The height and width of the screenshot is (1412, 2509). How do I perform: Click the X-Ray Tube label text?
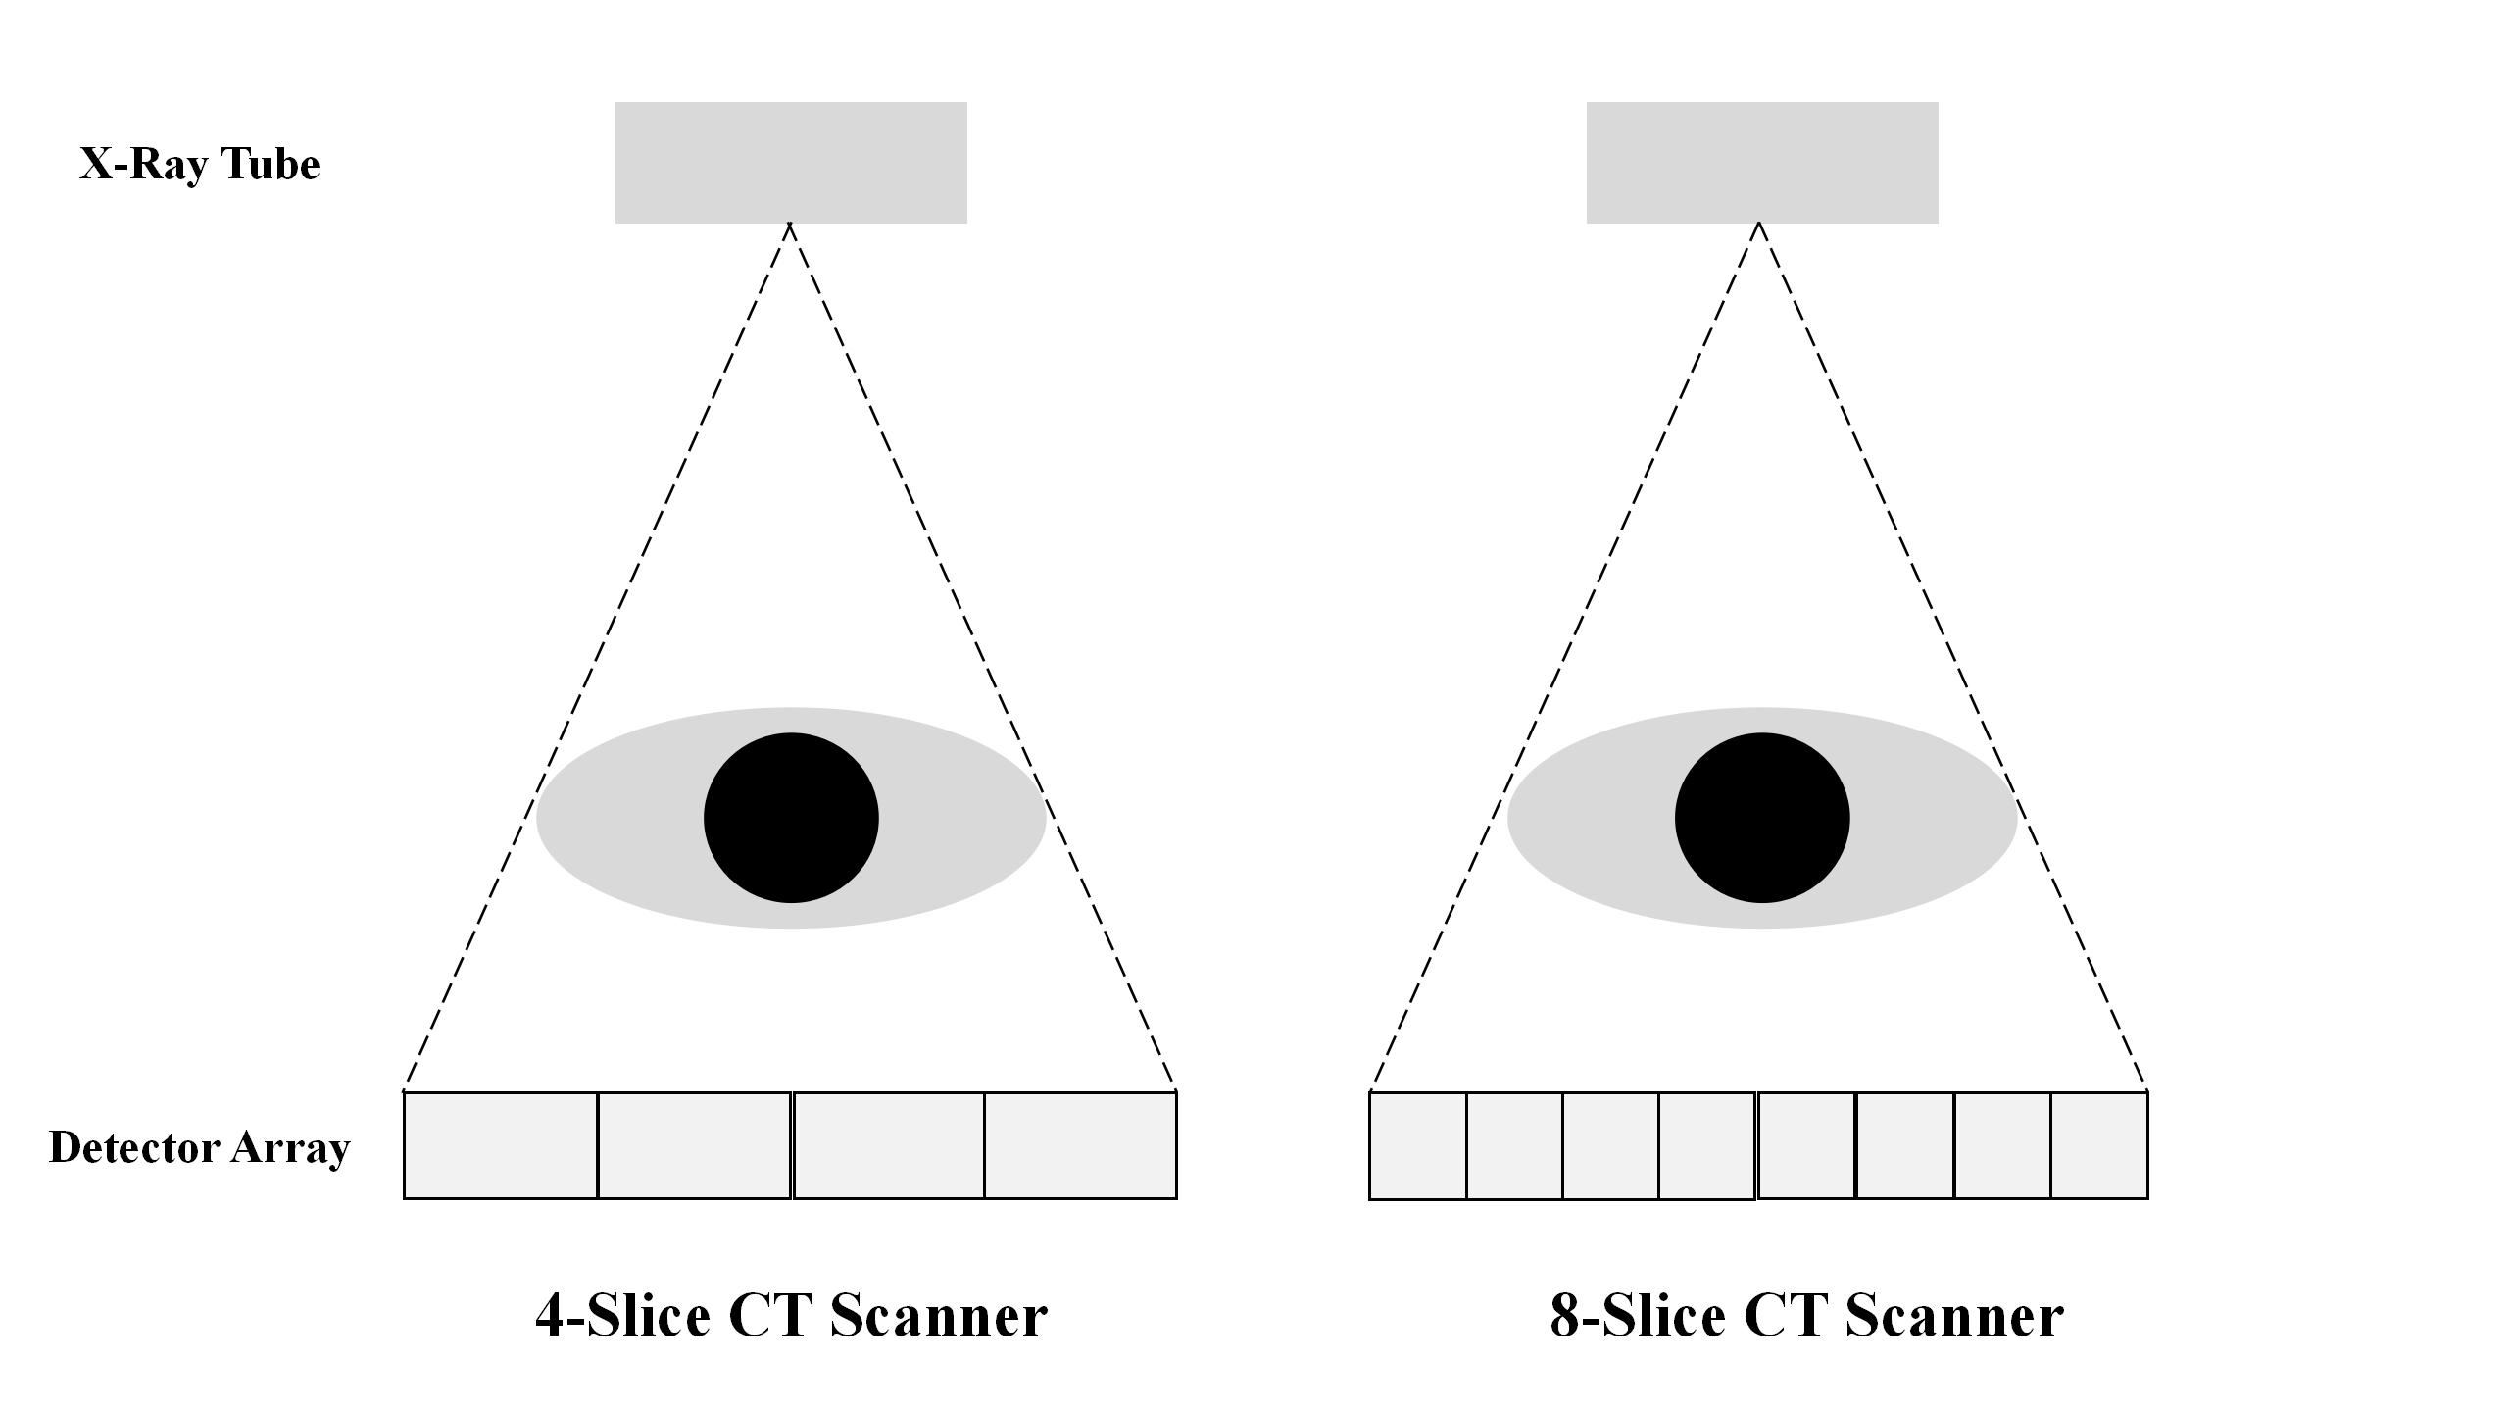[x=199, y=164]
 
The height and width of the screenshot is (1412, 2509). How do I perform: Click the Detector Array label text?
[x=199, y=1147]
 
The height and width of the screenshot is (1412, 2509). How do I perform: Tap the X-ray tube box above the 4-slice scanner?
[x=791, y=162]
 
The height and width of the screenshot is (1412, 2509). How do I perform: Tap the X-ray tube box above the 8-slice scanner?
[x=1762, y=162]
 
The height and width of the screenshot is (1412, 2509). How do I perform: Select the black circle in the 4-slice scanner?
[x=791, y=818]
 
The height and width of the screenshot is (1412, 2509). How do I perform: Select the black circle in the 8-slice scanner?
[x=1762, y=818]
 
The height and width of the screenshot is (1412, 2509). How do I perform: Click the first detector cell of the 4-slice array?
[x=501, y=1145]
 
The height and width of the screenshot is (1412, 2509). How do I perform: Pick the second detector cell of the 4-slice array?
[x=694, y=1145]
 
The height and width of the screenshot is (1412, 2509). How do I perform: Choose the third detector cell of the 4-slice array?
[x=889, y=1145]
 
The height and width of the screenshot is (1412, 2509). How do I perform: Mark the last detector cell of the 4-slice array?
[x=1080, y=1145]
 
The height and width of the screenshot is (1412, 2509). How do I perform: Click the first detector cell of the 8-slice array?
[x=1418, y=1145]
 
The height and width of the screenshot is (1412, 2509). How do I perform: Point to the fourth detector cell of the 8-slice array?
[x=1706, y=1145]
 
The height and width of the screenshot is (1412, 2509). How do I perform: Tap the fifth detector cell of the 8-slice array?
[x=1807, y=1145]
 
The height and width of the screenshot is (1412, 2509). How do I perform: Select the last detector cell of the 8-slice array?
[x=2098, y=1145]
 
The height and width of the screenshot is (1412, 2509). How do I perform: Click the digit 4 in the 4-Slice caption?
[x=551, y=1316]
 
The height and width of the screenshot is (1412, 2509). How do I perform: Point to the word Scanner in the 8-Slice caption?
[x=1954, y=1316]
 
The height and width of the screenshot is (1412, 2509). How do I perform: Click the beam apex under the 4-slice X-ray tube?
[x=790, y=226]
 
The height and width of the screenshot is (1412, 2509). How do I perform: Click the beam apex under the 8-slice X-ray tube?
[x=1759, y=226]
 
